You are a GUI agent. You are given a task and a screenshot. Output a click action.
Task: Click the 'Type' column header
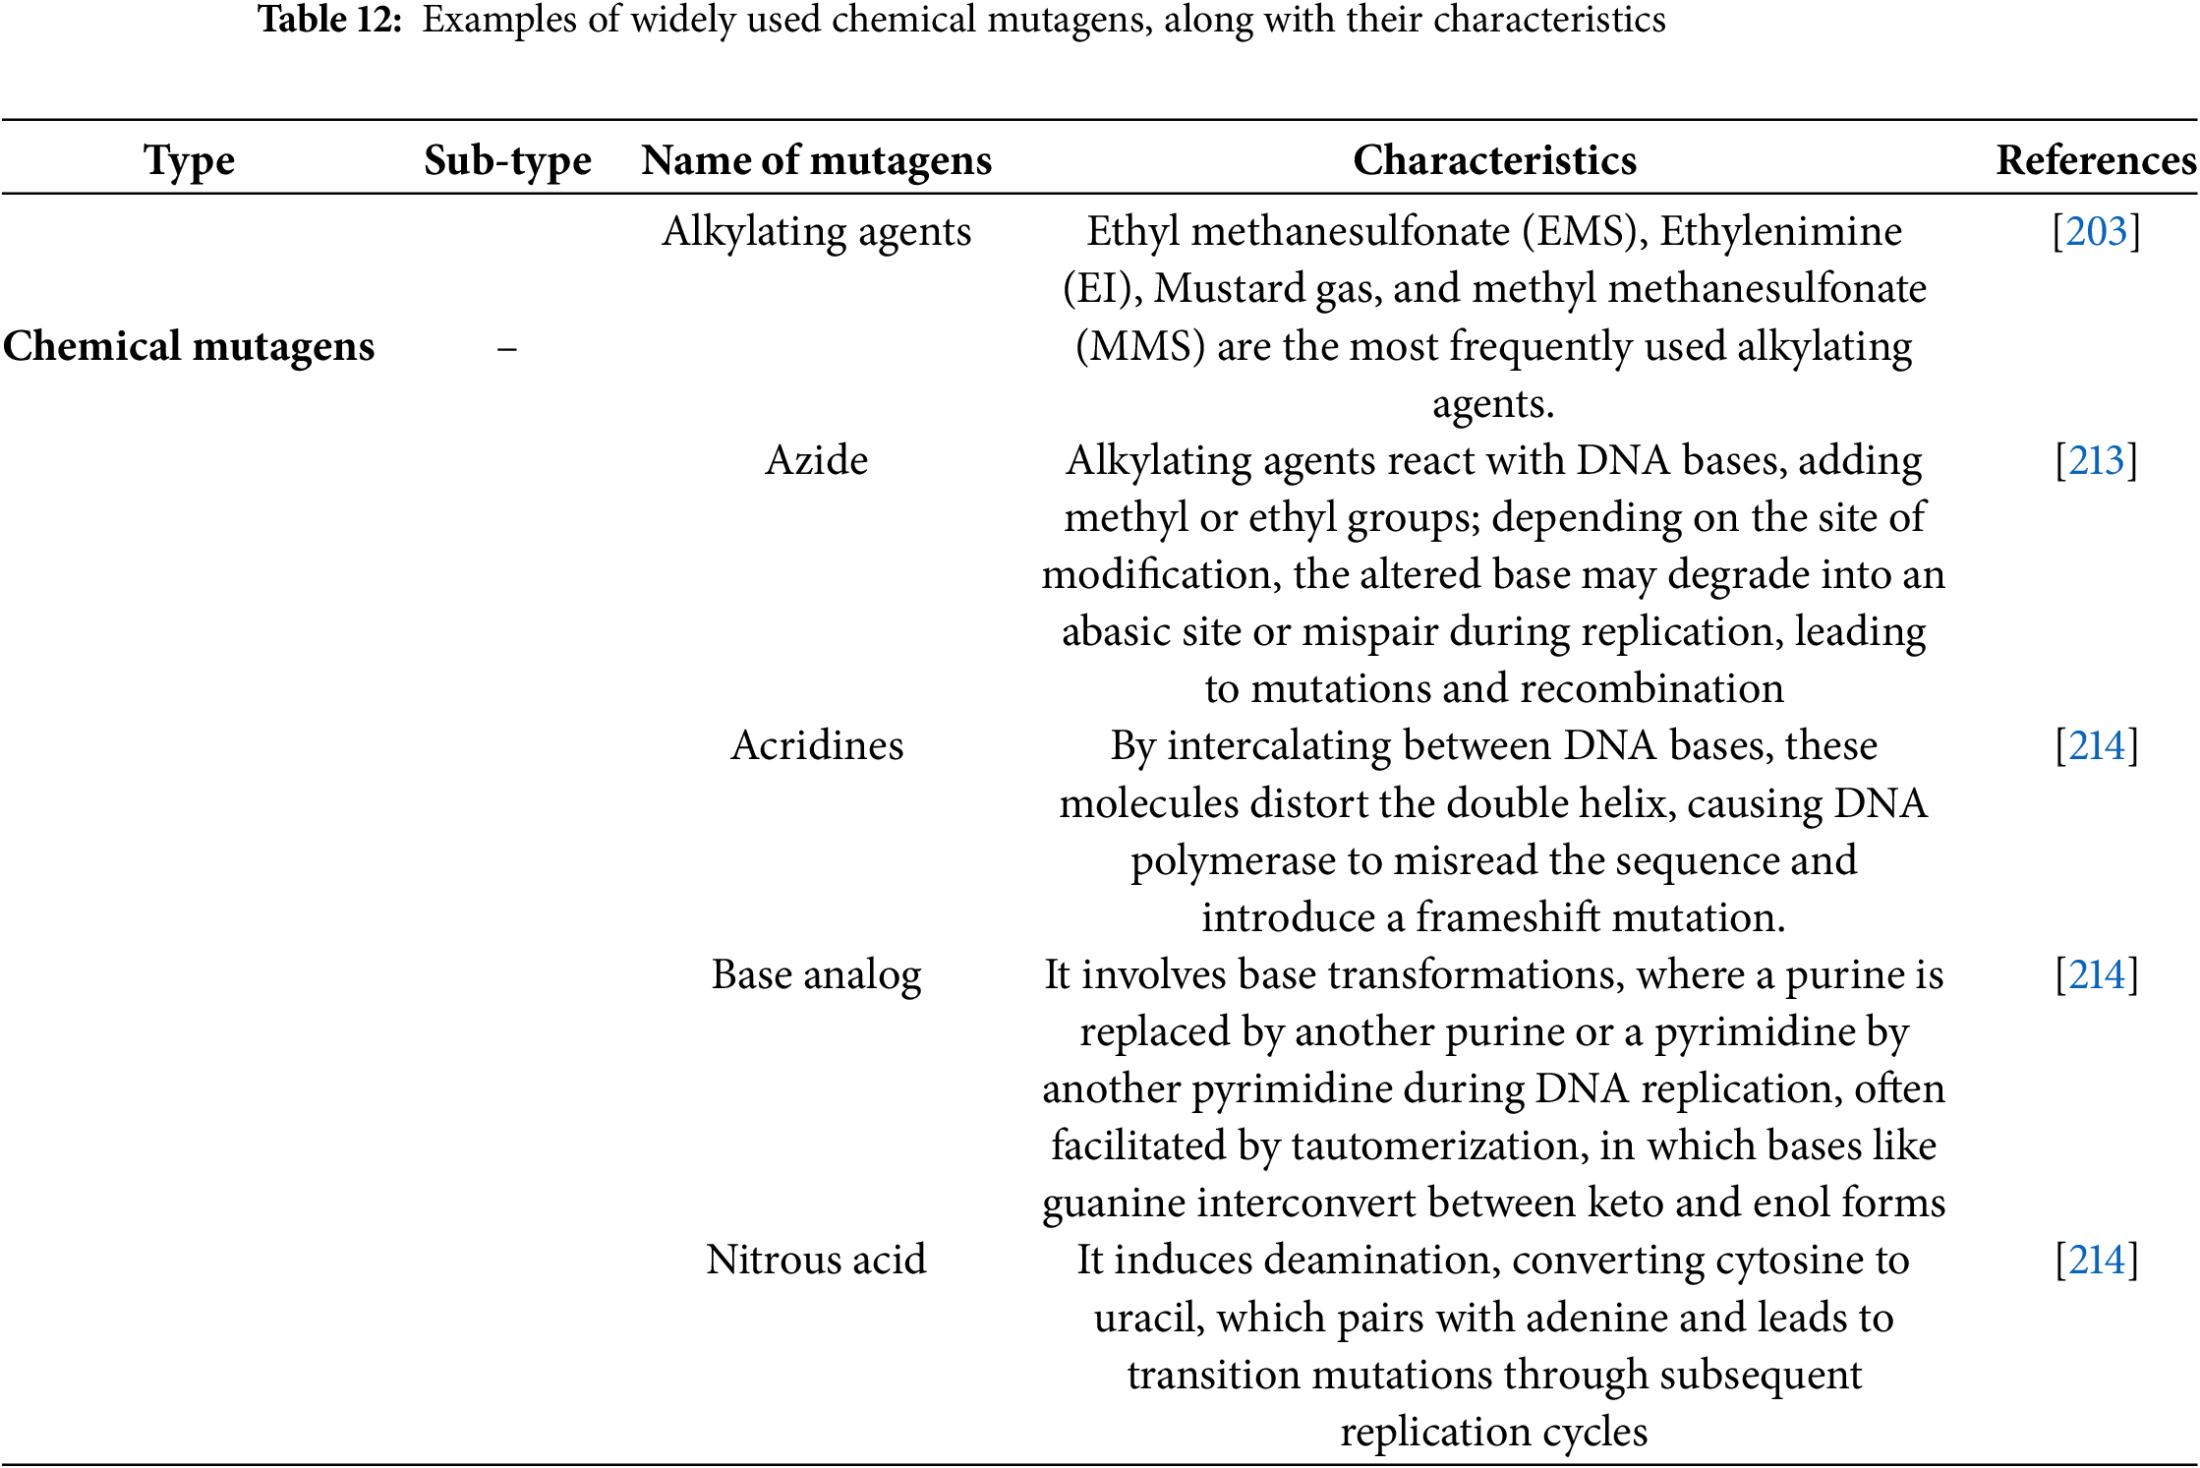(189, 160)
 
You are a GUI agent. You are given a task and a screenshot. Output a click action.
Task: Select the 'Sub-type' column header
(507, 160)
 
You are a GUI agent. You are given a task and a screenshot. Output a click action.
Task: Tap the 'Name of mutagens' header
(816, 160)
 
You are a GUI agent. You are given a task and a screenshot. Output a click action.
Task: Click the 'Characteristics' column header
(1494, 160)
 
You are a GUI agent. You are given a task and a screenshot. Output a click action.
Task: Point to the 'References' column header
(2096, 160)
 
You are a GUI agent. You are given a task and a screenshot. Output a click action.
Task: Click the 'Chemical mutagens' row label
(189, 346)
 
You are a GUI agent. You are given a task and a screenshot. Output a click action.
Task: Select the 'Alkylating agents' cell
(816, 232)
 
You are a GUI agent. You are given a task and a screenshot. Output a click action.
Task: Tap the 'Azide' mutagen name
(816, 460)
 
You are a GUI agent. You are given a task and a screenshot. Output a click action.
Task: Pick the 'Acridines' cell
(816, 745)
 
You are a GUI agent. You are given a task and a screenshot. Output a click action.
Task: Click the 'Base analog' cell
(816, 974)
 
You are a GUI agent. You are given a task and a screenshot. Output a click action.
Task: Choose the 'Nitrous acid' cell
(816, 1260)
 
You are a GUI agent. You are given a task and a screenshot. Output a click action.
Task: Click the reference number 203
(2096, 232)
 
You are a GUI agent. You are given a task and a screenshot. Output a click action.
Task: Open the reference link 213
(2096, 460)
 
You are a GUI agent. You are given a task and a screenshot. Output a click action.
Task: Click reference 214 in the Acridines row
(2096, 745)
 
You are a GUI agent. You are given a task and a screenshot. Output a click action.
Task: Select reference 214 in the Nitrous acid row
(2096, 1260)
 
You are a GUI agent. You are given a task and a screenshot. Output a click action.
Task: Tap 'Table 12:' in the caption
(329, 20)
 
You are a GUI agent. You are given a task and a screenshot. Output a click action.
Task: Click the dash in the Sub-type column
(507, 348)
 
